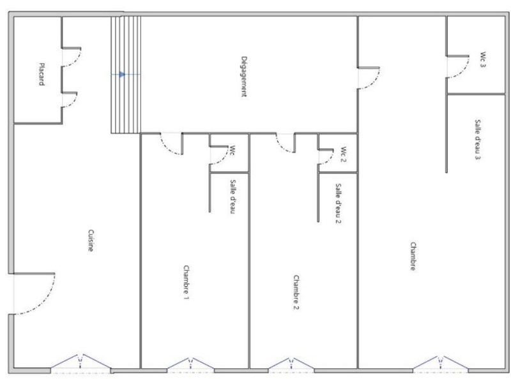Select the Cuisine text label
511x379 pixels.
[91, 241]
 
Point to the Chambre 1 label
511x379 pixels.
[186, 283]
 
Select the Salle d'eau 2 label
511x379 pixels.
[338, 204]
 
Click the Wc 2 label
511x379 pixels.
[343, 153]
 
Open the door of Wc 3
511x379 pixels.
[457, 67]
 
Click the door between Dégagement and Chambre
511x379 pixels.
[369, 77]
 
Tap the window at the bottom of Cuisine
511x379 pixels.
[80, 364]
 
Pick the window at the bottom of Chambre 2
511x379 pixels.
[291, 364]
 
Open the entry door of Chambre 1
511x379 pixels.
[171, 144]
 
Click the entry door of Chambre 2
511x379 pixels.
[284, 144]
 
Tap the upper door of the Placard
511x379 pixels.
[71, 57]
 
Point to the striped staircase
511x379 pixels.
[126, 96]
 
